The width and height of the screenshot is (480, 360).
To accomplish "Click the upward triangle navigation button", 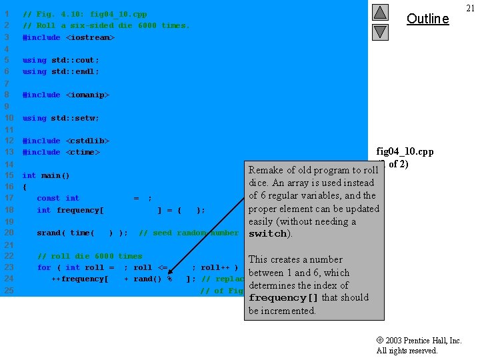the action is tap(380, 12).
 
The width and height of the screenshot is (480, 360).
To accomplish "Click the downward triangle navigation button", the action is tap(380, 31).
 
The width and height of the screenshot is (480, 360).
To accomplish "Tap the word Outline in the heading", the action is tap(427, 19).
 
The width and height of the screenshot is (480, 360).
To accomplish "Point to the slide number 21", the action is tap(470, 8).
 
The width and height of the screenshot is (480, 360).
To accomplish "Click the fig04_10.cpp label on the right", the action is tap(405, 151).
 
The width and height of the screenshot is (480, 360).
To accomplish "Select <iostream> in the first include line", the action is tap(90, 37).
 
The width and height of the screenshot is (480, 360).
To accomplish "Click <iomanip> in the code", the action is tap(87, 95).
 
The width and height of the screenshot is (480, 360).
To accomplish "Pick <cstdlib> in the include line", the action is tap(87, 141).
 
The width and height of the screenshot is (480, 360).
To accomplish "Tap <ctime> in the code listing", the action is tap(83, 152).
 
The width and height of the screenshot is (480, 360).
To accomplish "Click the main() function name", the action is tap(56, 175).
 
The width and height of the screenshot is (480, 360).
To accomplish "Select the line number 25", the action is tap(9, 291).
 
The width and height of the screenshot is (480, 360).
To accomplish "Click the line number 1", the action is tap(7, 14).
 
